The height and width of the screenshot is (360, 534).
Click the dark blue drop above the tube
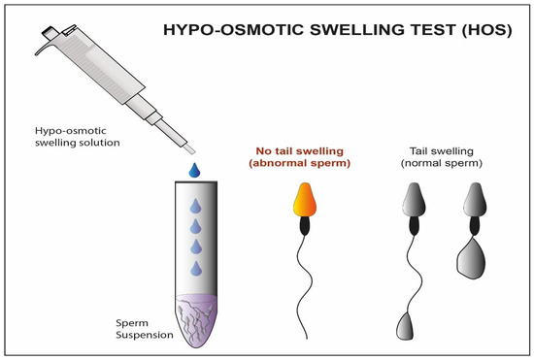click(x=196, y=171)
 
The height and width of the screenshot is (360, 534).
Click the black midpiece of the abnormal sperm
click(x=303, y=228)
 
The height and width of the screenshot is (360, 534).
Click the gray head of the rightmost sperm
click(x=476, y=200)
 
